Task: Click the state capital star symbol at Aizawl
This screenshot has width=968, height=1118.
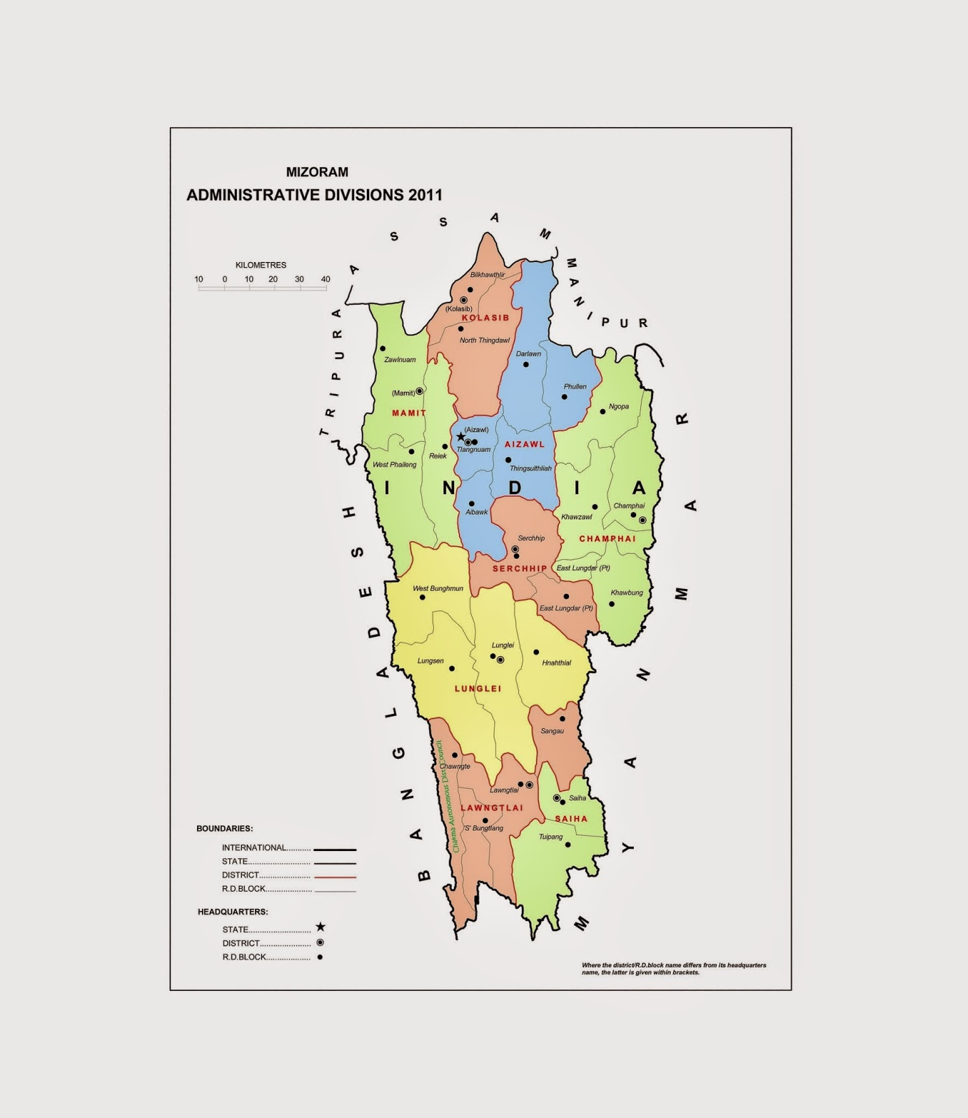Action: tap(461, 437)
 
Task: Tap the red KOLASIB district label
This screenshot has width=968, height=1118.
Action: tap(486, 318)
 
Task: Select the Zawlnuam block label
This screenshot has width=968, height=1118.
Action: tap(400, 360)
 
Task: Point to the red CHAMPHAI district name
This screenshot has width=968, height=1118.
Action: tap(607, 539)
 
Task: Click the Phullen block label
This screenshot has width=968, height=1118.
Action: tap(575, 386)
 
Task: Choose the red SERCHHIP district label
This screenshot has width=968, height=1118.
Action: tap(519, 569)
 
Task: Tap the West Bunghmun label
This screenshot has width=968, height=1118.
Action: tap(438, 588)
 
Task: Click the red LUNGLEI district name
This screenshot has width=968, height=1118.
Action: tap(478, 688)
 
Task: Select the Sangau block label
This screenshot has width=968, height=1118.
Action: tap(552, 731)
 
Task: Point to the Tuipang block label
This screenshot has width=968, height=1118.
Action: tap(551, 836)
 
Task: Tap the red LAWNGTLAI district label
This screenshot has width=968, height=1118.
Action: tap(492, 808)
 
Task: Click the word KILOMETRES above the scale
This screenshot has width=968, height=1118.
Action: tap(261, 266)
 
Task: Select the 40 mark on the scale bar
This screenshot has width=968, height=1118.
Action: tap(326, 279)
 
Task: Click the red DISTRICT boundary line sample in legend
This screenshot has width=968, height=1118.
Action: tap(335, 876)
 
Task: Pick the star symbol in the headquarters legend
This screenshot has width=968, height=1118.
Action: tap(320, 927)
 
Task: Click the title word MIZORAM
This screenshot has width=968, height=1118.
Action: tap(317, 172)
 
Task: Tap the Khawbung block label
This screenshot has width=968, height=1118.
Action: tap(627, 593)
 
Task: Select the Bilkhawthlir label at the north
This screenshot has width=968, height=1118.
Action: tap(487, 275)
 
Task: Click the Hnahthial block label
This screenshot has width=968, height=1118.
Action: tap(556, 662)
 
